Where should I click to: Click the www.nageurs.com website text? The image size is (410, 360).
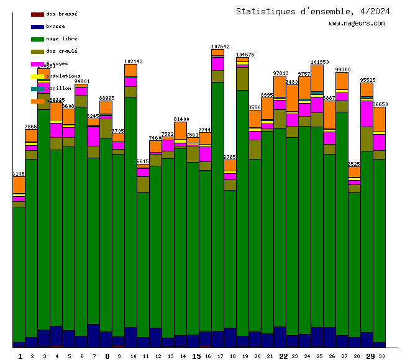coord(357,24)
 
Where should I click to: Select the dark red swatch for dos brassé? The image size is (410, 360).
coord(37,14)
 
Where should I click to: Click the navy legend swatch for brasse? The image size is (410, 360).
coord(37,26)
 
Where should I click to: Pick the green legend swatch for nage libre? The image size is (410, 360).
coord(37,38)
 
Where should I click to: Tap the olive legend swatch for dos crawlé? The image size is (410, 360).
coord(37,51)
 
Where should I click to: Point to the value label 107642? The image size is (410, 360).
coord(221,47)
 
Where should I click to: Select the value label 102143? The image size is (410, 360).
coord(134,61)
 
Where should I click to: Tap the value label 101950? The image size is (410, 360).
coord(320,62)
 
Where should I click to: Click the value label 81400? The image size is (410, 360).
coord(181,119)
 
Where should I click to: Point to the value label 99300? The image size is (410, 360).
coord(343,70)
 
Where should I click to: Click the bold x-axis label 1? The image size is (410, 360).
coord(20,356)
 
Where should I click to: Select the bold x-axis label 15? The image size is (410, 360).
coord(196,356)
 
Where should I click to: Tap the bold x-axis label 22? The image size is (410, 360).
coord(283,356)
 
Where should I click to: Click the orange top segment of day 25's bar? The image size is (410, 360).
coord(317,78)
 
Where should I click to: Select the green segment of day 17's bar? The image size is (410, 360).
coord(217,205)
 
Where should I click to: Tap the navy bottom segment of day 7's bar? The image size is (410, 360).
coord(93,335)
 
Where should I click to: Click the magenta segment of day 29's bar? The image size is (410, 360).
coord(367,114)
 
